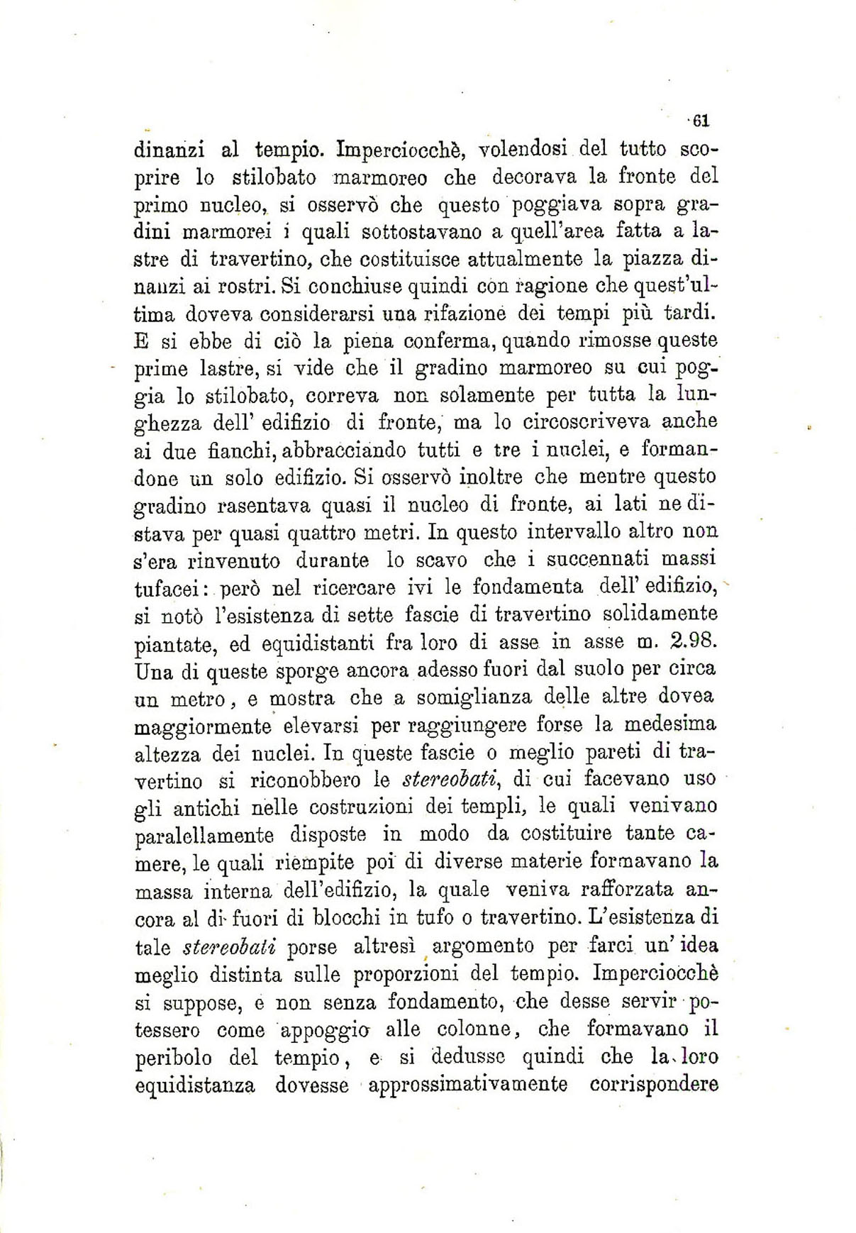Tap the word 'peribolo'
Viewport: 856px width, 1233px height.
click(173, 1058)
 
